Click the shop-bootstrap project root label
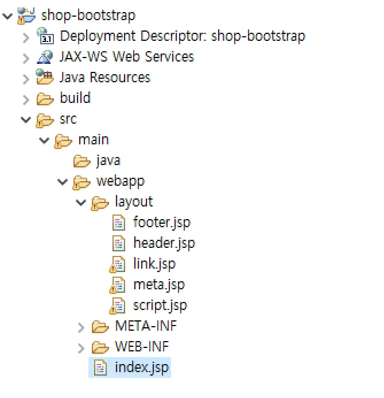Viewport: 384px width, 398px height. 88,15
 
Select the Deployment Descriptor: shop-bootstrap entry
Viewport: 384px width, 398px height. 182,36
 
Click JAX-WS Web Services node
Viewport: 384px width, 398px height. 126,56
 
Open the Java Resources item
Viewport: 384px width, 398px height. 104,77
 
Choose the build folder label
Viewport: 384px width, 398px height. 75,98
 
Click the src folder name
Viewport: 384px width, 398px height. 68,118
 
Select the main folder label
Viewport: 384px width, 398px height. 93,139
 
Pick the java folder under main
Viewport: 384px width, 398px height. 108,160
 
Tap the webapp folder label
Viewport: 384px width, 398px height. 120,181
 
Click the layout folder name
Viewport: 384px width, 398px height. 134,201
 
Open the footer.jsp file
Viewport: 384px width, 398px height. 161,222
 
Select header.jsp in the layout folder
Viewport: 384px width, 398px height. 164,243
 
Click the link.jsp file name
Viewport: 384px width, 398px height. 154,263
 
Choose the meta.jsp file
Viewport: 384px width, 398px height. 158,284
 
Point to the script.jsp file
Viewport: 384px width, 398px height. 160,305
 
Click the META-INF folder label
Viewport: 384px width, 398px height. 146,326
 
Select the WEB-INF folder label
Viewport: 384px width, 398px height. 142,346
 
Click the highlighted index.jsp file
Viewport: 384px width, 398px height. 142,367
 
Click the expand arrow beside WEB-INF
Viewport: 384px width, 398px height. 81,347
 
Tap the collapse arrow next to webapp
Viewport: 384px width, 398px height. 63,181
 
